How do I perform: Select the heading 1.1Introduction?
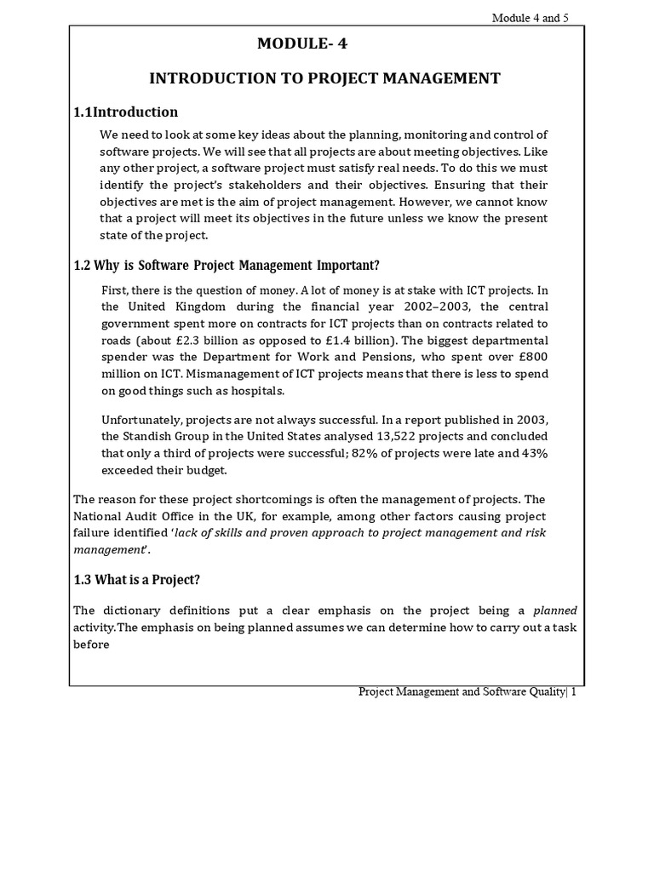126,112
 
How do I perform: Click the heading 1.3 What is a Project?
137,580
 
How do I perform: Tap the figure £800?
529,357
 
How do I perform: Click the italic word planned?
554,611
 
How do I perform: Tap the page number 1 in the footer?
575,692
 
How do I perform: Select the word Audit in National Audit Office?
149,516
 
